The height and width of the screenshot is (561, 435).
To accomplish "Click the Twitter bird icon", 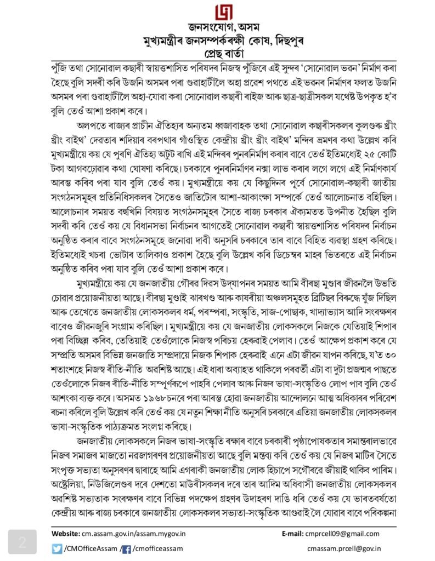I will (57, 548).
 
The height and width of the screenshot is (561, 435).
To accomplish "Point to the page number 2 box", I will (22, 542).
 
